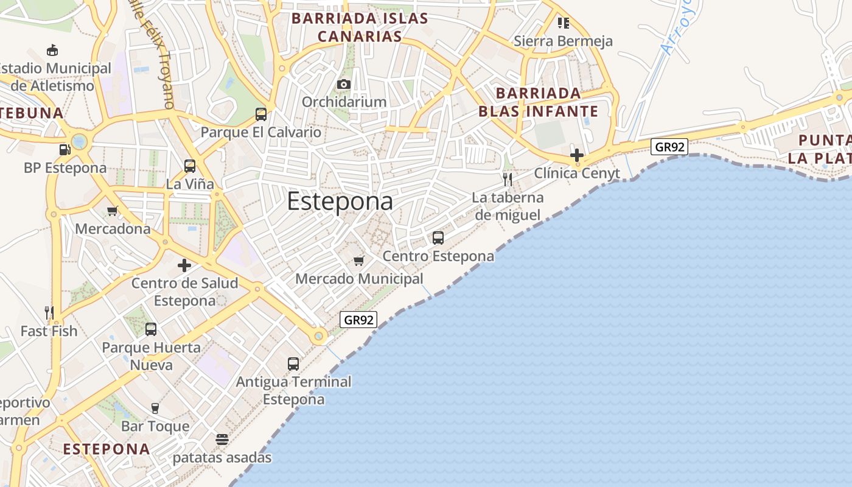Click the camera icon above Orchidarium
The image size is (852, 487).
(x=344, y=84)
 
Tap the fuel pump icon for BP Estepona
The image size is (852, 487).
(x=65, y=150)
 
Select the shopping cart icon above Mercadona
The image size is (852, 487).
(x=112, y=211)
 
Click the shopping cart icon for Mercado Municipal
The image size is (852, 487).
(x=358, y=261)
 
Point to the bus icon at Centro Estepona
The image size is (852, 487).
(x=438, y=238)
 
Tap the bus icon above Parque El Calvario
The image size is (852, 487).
(x=261, y=114)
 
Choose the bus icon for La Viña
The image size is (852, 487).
(x=190, y=166)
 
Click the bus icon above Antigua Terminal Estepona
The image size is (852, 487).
(x=293, y=364)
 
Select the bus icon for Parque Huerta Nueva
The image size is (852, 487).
(x=151, y=329)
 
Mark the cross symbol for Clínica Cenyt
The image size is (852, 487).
(x=577, y=155)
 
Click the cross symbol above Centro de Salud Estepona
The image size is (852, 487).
(x=184, y=265)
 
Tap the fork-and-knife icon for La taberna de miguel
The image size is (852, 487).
(x=508, y=180)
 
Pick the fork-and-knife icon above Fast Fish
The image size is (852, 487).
(x=49, y=313)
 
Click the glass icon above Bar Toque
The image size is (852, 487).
(x=155, y=408)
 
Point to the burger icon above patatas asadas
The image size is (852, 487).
(x=222, y=440)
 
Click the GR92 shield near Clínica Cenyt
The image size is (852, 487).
(x=669, y=147)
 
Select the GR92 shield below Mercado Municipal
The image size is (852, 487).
(x=358, y=320)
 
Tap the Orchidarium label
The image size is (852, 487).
(x=344, y=102)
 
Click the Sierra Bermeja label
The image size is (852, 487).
(x=563, y=41)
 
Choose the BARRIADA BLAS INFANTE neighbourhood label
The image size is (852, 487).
(x=539, y=102)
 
